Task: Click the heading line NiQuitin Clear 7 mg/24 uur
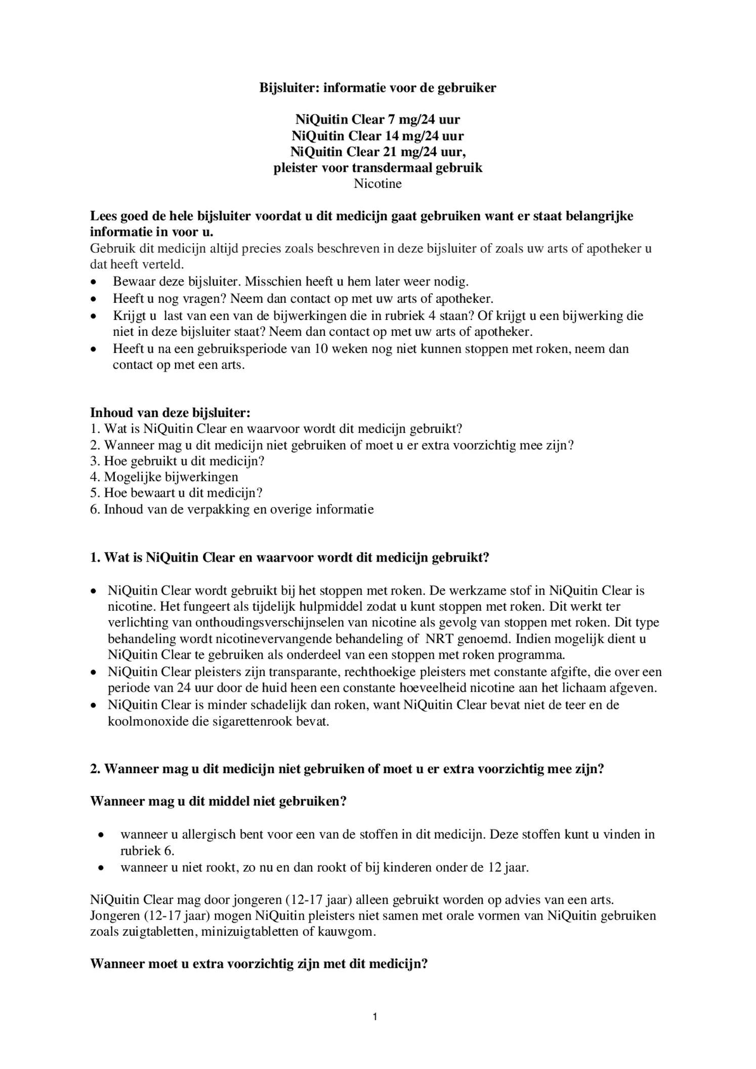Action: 377,120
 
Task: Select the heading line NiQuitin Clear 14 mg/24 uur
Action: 377,136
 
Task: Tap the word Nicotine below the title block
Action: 377,184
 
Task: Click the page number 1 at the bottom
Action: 375,1016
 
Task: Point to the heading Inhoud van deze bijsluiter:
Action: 170,412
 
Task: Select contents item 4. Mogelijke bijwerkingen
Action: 164,477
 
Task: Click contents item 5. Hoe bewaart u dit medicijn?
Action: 176,493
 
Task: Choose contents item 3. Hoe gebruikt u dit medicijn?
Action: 177,461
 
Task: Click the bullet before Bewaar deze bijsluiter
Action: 93,282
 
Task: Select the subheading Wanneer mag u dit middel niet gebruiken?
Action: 218,802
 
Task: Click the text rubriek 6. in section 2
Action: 147,850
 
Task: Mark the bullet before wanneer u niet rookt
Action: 102,867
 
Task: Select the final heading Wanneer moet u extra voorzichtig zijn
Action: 259,964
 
